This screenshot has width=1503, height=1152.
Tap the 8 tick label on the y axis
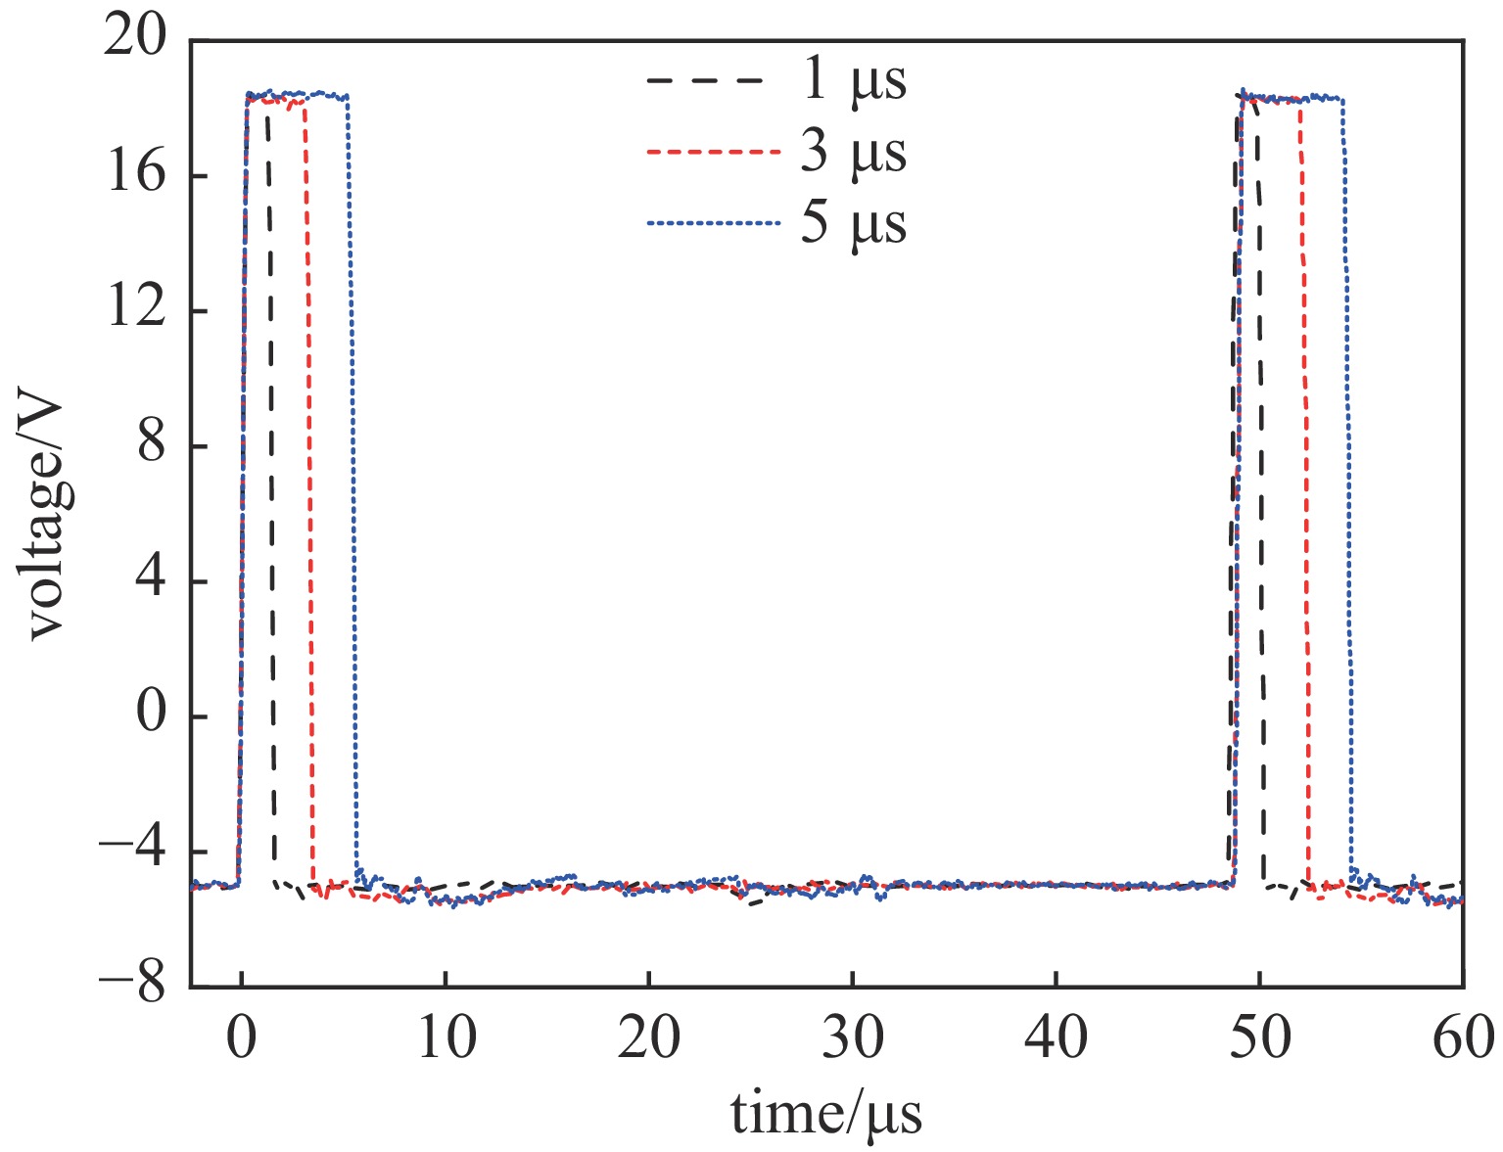[x=150, y=446]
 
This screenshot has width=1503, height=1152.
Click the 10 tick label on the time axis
[x=446, y=1038]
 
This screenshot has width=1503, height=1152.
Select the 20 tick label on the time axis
[x=648, y=1038]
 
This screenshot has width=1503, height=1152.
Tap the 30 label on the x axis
[x=853, y=1038]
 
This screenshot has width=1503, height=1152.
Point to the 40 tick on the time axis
[x=1057, y=1038]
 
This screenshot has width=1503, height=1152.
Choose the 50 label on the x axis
[x=1260, y=1038]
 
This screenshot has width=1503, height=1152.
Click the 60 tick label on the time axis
[x=1463, y=1038]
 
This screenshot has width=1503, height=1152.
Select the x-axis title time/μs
[x=826, y=1114]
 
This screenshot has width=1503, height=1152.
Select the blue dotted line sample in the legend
[x=713, y=224]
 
